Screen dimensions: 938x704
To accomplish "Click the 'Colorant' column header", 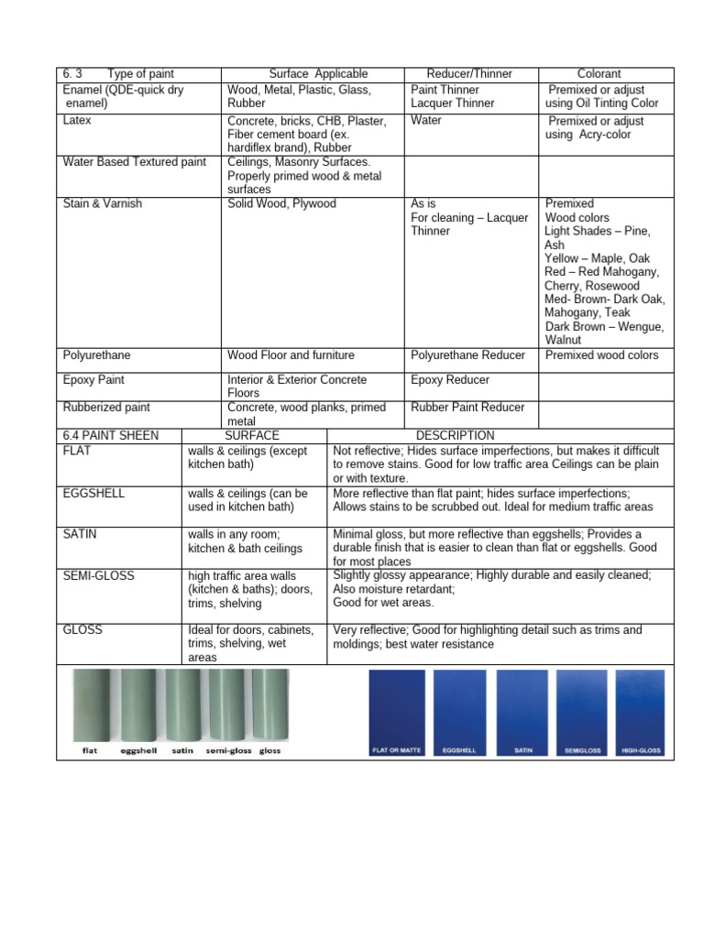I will click(x=599, y=73).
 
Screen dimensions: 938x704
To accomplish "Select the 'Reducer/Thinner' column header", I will click(x=469, y=73).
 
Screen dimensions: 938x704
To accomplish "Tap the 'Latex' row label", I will click(x=77, y=120).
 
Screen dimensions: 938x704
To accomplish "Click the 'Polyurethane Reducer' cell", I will click(x=467, y=355).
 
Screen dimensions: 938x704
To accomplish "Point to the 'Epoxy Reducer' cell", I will click(x=450, y=379).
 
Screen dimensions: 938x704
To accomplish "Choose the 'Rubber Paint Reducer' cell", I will click(x=467, y=408).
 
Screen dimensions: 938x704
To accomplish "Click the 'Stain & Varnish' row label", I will click(x=103, y=203).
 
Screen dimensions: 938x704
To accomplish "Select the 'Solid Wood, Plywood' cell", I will click(x=281, y=203).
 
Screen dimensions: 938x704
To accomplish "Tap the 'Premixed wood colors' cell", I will click(x=601, y=355).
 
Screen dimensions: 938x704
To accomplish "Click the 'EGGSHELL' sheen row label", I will click(x=94, y=493).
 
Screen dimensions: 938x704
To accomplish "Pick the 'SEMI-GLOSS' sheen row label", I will click(x=98, y=575).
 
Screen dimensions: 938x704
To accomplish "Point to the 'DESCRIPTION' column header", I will click(x=455, y=435).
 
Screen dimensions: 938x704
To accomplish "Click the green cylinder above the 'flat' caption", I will click(x=91, y=703).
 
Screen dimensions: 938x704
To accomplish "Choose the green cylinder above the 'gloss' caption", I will click(x=269, y=703).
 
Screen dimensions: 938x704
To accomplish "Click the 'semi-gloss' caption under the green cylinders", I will click(x=228, y=751).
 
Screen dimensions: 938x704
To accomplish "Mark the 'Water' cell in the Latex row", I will click(x=425, y=120).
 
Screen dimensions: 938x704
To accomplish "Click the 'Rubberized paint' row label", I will click(x=106, y=408).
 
